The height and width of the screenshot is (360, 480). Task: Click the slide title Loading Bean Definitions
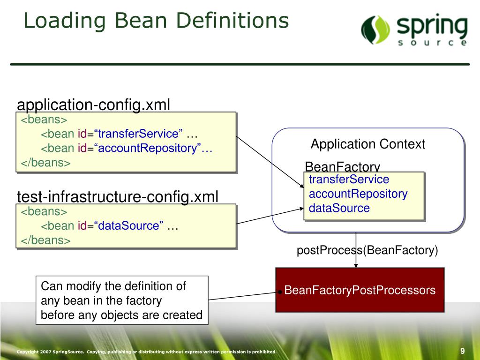click(x=156, y=21)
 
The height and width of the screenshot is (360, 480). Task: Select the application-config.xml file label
click(x=93, y=105)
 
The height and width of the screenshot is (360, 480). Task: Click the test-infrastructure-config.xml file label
click(x=118, y=196)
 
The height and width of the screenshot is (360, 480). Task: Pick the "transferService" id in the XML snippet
click(x=140, y=134)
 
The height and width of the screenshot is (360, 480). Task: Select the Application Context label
click(x=368, y=144)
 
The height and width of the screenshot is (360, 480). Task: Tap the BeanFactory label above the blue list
click(x=342, y=167)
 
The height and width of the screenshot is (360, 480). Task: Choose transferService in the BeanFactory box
click(x=349, y=180)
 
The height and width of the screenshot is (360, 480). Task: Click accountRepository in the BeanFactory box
click(x=358, y=194)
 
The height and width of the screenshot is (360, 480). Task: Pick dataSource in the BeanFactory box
click(x=339, y=209)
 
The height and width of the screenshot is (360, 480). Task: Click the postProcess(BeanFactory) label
click(x=367, y=250)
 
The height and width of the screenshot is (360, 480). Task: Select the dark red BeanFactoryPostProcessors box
click(x=360, y=290)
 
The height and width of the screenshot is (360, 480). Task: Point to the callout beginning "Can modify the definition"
click(x=121, y=300)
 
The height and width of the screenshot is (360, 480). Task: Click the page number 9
click(x=462, y=351)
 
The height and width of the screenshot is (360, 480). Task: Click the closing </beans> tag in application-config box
click(x=45, y=163)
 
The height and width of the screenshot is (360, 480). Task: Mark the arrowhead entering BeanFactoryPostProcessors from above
click(x=356, y=265)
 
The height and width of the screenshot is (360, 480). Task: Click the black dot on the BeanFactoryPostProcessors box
click(x=279, y=292)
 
